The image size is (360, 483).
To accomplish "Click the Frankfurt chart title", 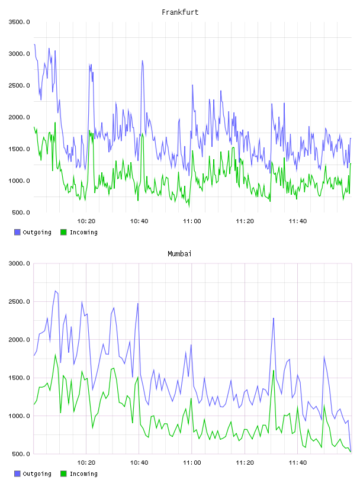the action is [180, 12].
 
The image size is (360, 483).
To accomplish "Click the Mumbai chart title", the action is [179, 254].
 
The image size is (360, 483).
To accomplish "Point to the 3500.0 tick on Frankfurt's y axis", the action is [20, 22].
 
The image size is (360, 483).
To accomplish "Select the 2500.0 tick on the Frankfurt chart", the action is [20, 85].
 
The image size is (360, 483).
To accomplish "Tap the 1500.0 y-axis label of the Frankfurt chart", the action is [20, 149].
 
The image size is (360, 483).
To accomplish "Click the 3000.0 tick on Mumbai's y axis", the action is [20, 263].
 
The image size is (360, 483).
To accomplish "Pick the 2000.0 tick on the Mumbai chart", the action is [20, 339].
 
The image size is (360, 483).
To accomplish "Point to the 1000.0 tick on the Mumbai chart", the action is [20, 416].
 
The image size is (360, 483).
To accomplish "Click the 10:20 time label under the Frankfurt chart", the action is [86, 221].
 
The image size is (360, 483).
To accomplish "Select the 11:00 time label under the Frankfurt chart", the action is [192, 221].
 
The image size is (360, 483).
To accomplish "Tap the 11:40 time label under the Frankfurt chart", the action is [298, 221].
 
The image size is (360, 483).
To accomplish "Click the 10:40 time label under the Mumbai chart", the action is [139, 462].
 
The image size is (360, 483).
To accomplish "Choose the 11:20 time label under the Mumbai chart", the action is [245, 462].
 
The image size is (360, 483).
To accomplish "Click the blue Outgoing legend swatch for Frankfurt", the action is [17, 232].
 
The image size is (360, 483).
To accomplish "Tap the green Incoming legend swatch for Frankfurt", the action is [63, 232].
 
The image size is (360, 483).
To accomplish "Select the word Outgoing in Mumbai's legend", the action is [37, 474].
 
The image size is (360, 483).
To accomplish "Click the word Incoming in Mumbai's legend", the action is [83, 474].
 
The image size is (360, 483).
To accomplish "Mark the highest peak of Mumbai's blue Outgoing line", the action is [55, 291].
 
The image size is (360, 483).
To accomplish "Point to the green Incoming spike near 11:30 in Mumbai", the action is [274, 371].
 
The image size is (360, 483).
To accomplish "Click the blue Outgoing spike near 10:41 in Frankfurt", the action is [142, 61].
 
